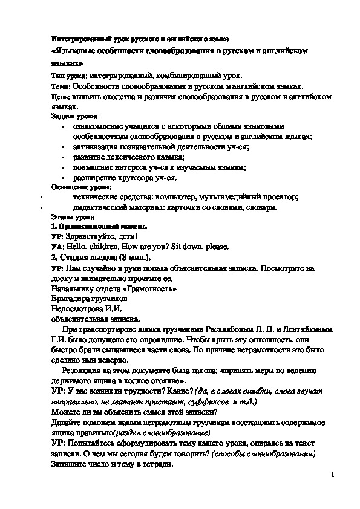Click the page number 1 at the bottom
click(x=333, y=475)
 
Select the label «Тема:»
click(x=61, y=86)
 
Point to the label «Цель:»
click(x=61, y=97)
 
